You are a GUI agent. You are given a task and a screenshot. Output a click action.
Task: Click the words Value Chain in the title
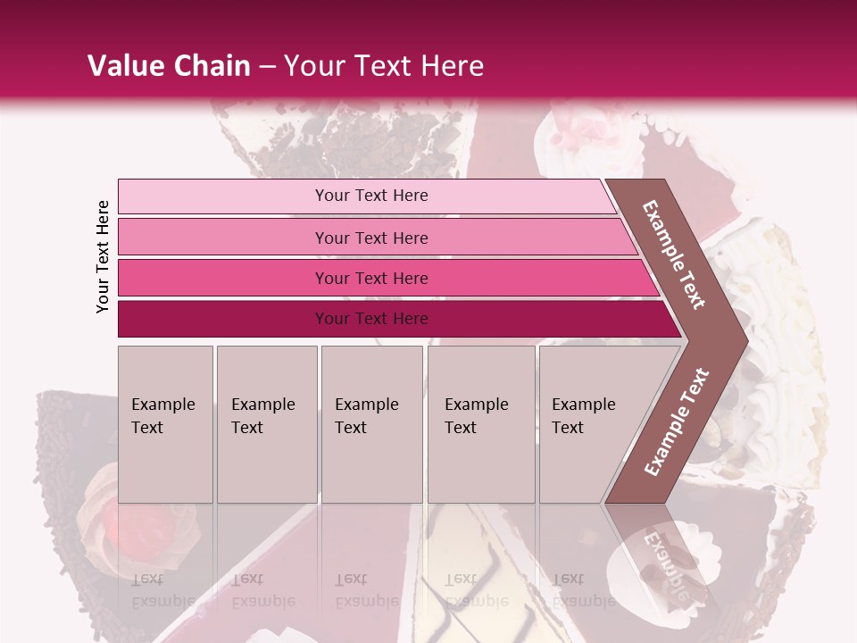click(x=169, y=66)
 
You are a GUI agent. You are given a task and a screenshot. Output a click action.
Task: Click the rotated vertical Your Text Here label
click(x=103, y=256)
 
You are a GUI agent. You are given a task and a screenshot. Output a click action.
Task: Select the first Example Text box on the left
click(x=165, y=424)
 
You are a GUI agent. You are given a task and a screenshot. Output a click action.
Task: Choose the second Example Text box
click(x=266, y=424)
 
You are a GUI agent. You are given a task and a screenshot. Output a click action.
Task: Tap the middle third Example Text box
click(x=371, y=424)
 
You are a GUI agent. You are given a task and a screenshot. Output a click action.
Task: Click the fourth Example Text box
click(x=480, y=424)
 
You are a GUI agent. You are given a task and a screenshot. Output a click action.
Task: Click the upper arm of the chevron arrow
click(x=674, y=254)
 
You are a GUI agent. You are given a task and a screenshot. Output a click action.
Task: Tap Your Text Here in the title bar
click(x=384, y=66)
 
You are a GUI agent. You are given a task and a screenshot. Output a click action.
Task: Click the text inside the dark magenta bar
click(x=371, y=319)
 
